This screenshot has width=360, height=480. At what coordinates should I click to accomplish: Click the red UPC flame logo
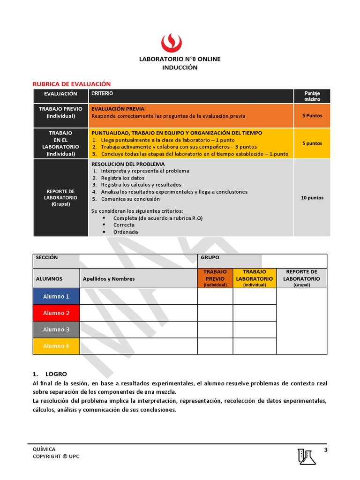point(172,43)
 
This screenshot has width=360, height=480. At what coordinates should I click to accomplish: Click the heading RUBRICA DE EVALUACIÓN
point(71,83)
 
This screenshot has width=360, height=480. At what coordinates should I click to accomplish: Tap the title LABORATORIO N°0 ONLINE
point(180,59)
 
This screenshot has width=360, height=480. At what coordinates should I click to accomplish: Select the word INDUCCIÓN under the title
point(180,67)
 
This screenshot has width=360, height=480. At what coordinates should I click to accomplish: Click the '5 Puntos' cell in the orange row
point(312,116)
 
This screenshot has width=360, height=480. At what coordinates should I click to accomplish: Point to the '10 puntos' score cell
point(312,198)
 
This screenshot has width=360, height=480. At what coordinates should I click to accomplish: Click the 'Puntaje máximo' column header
point(312,96)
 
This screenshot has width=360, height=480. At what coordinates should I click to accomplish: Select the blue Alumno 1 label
point(56,296)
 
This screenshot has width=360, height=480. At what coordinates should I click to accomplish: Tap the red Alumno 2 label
point(56,313)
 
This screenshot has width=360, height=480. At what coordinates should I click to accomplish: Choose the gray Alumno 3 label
point(56,330)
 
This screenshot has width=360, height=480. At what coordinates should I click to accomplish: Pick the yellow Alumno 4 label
point(56,346)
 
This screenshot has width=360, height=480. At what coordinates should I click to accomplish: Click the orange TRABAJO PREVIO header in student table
point(215,278)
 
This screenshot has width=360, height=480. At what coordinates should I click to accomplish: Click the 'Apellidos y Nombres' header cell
point(109,279)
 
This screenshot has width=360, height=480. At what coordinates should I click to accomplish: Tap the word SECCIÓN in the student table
point(47,258)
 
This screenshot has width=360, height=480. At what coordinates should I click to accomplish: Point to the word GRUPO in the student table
point(210,258)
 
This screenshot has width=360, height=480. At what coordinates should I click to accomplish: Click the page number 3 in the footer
point(325,450)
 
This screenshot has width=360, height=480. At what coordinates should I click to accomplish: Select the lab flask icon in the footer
point(307,457)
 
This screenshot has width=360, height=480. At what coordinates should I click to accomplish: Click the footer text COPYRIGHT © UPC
point(56,457)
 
